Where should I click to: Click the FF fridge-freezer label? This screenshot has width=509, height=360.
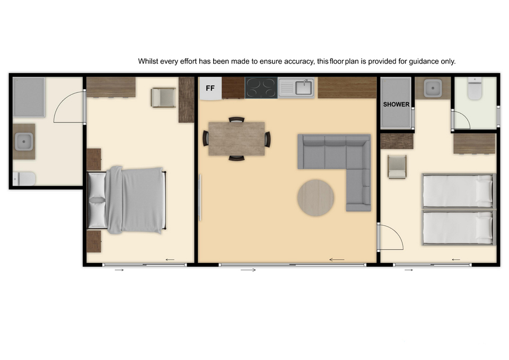point(210,88)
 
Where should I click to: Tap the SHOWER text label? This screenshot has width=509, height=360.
point(396,104)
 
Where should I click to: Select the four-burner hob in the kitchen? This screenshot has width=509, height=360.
point(261,87)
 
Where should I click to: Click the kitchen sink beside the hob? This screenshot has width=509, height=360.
point(296,87)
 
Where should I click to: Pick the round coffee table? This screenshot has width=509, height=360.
point(315,198)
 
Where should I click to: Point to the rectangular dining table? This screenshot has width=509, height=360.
point(236,138)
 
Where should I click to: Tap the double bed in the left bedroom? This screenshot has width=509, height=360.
point(127,200)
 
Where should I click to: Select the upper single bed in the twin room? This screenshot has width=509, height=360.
point(459,191)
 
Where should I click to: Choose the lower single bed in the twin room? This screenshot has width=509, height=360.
point(459,227)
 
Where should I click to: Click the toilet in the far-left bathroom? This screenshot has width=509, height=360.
point(24,179)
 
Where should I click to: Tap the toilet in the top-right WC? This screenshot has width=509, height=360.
point(475,89)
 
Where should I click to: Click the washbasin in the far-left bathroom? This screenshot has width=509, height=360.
point(24,142)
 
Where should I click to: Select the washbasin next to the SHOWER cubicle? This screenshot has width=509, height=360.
point(433,87)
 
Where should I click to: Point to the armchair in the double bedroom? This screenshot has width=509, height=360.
point(163,98)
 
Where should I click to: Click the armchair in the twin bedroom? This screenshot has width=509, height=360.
point(397,167)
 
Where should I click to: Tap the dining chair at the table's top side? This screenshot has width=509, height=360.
point(236,119)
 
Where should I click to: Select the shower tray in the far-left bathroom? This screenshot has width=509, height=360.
point(29,97)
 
